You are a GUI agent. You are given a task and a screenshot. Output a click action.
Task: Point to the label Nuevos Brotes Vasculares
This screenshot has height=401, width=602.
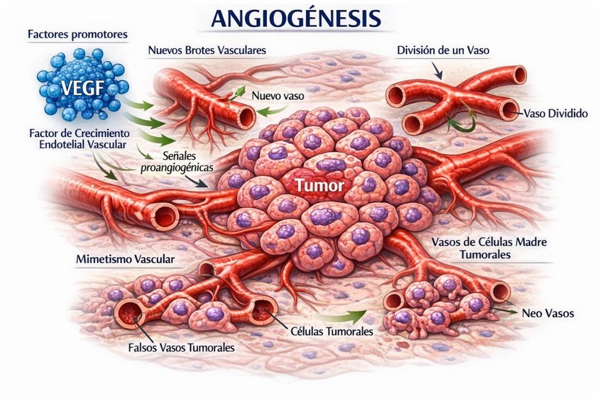pos(207,51)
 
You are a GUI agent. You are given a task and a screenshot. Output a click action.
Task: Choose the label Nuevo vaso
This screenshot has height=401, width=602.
pos(276,92)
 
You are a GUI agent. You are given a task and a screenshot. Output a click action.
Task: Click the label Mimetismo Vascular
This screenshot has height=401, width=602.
pos(125,259)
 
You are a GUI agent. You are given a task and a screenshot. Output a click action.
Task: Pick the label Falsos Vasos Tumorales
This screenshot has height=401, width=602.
pos(182,348)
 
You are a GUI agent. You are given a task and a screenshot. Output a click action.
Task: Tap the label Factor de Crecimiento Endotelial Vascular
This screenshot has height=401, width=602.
pos(78,139)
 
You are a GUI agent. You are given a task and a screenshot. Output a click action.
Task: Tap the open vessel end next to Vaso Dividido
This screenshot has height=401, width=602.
pos(509,109)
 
